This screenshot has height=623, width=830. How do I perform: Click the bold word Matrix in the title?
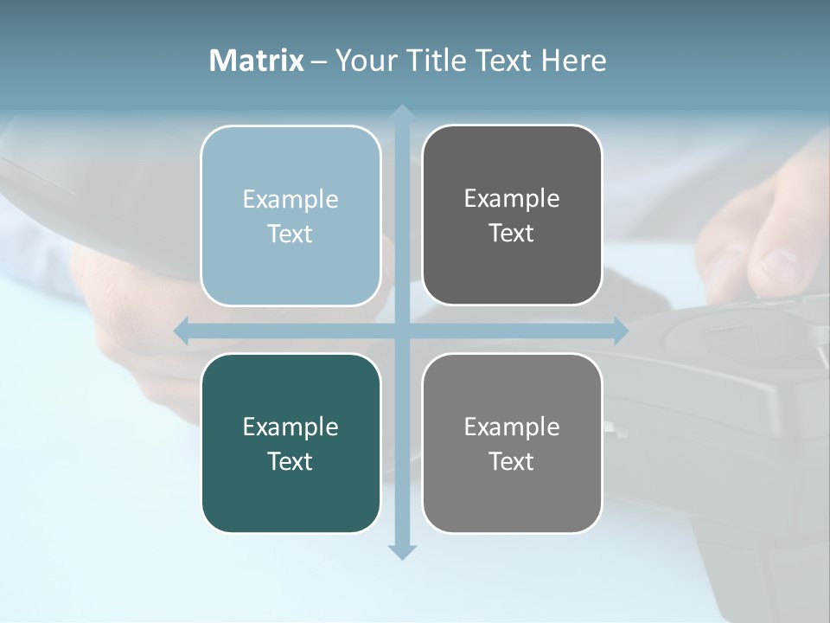(257, 61)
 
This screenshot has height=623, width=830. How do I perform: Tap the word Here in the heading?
(573, 61)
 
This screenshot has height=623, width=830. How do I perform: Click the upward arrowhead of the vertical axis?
(401, 113)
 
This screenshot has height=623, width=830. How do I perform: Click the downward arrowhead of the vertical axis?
(401, 551)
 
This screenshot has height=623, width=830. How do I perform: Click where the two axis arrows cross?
(401, 331)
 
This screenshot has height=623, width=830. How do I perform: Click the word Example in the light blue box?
(290, 200)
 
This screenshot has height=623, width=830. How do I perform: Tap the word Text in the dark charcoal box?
(512, 234)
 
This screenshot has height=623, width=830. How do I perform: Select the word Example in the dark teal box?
(290, 427)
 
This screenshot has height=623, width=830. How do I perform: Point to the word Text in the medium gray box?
(512, 462)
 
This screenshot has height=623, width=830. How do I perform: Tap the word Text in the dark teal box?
(290, 462)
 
